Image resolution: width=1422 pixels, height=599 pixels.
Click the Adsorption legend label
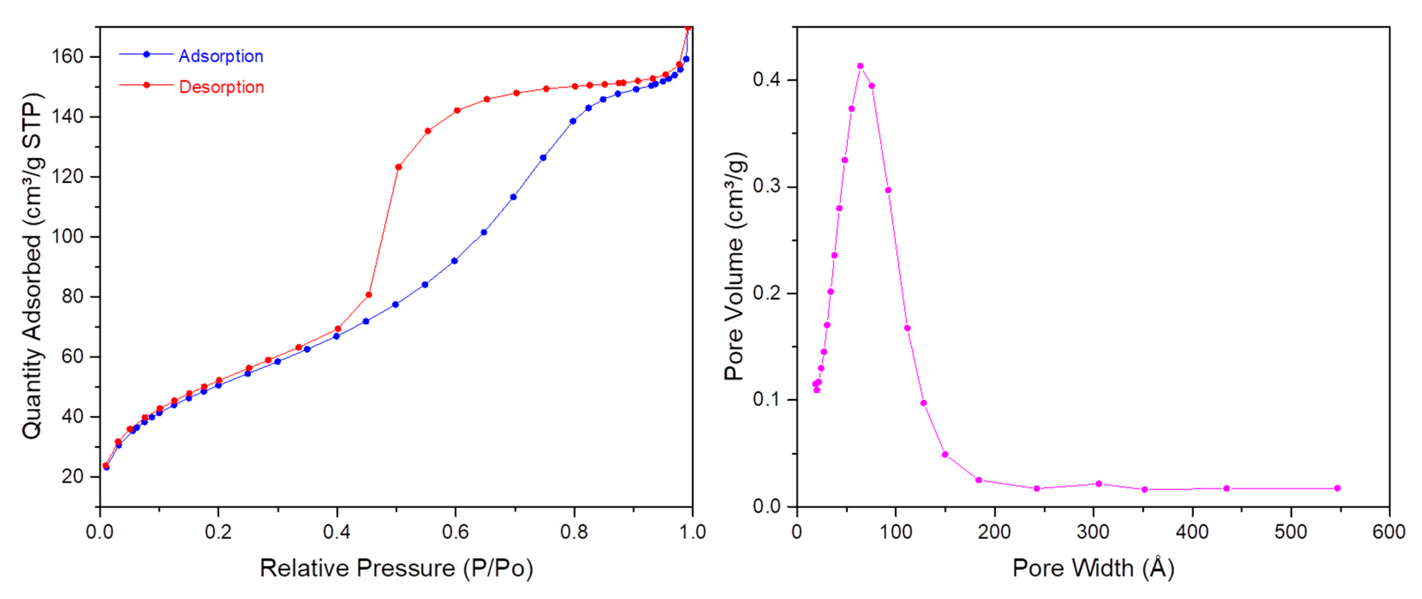click(221, 56)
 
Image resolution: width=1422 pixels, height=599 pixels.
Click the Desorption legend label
click(221, 87)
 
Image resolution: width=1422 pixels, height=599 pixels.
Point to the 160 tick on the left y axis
click(67, 57)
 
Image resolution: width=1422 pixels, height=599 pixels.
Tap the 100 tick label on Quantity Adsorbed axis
click(67, 237)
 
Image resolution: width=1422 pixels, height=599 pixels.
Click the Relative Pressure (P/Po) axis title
click(396, 569)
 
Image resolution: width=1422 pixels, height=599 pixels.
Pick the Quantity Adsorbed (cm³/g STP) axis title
click(32, 266)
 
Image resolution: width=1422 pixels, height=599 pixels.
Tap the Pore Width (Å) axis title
click(1093, 569)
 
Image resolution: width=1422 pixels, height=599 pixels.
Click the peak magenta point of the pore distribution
click(860, 66)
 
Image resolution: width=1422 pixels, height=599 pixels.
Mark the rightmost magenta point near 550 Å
click(1337, 488)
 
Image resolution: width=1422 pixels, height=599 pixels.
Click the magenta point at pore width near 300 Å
click(1099, 483)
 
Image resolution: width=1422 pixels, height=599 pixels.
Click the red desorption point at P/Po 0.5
click(398, 167)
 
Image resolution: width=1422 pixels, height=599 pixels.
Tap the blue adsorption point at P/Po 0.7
click(513, 197)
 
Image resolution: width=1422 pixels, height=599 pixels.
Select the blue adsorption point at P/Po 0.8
click(573, 121)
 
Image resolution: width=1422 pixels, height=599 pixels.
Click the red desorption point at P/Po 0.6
click(457, 110)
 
